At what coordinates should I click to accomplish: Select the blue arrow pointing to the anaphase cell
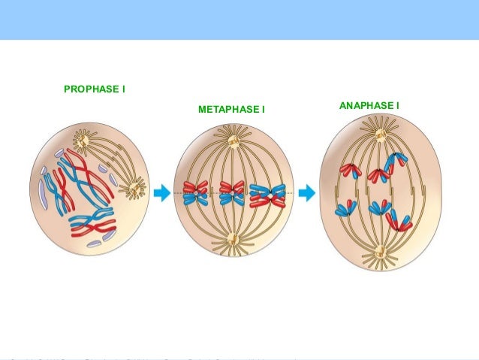[306, 193]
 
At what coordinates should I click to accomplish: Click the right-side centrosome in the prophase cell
[135, 187]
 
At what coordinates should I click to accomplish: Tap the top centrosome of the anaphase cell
[381, 135]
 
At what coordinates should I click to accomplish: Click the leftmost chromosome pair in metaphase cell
[195, 193]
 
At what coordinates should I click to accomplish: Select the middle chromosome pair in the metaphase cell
[231, 192]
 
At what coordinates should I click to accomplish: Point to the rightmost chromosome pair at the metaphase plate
[268, 195]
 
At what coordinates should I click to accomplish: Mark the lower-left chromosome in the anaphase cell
[346, 208]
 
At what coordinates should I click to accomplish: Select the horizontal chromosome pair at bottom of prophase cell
[92, 223]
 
